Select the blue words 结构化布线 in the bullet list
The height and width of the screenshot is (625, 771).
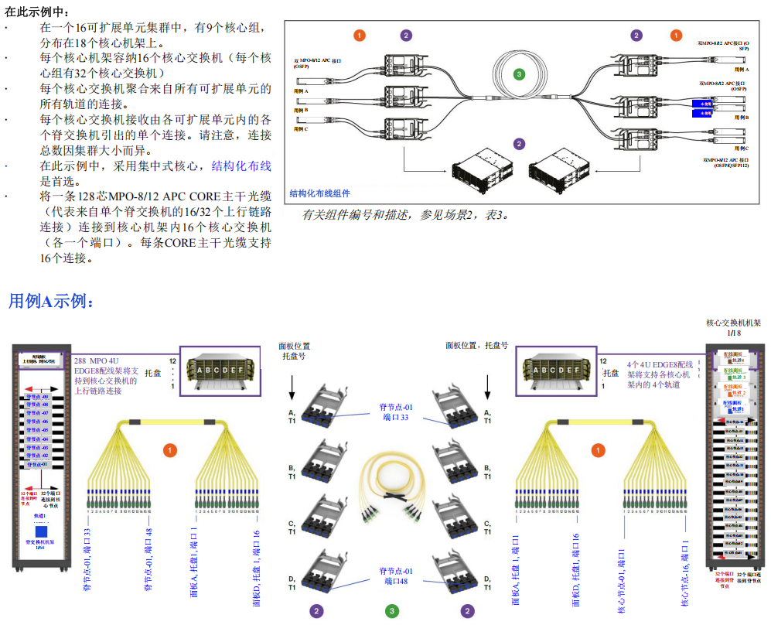coord(241,166)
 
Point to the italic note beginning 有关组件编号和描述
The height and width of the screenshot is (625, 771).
coord(405,214)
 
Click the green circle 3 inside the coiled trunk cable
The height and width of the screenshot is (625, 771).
coord(520,74)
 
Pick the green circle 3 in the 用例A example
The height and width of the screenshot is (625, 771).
coord(393,611)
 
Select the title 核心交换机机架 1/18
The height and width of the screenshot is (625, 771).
coord(734,328)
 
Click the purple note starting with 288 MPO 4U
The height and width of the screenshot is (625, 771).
coord(108,375)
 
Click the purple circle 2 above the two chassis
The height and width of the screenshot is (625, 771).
coord(519,144)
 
